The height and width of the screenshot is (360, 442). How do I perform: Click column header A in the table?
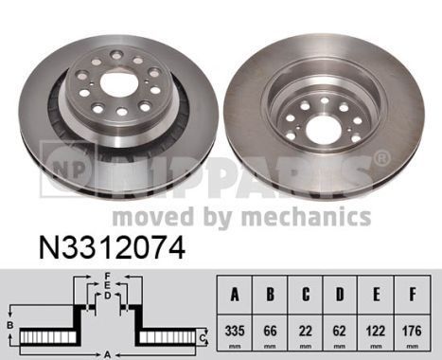pos(234,294)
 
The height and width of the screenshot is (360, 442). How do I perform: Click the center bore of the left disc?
pos(119,83)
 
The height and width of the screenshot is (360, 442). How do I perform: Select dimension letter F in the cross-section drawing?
pos(107,276)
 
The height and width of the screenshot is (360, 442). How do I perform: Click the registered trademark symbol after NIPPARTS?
pos(380,157)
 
